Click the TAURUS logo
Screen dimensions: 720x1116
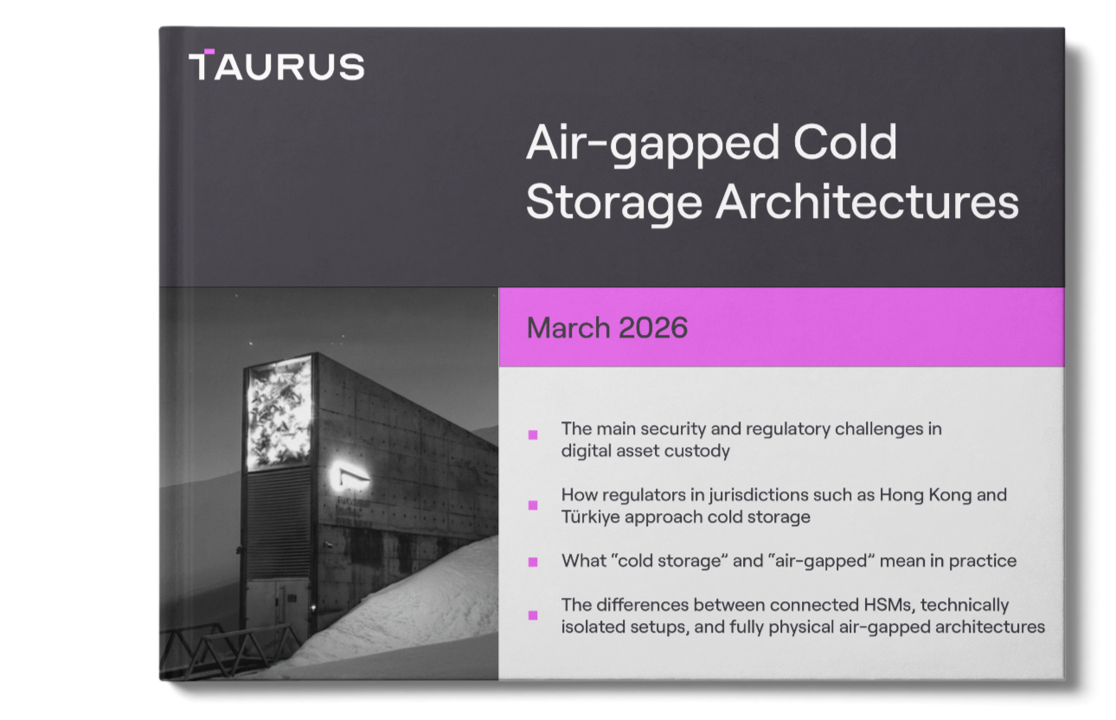277,66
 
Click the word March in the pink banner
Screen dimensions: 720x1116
568,328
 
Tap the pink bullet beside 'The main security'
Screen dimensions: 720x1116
533,434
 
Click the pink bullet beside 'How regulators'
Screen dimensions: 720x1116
533,505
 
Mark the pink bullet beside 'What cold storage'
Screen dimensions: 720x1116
533,562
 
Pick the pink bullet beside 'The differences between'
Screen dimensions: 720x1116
533,615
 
